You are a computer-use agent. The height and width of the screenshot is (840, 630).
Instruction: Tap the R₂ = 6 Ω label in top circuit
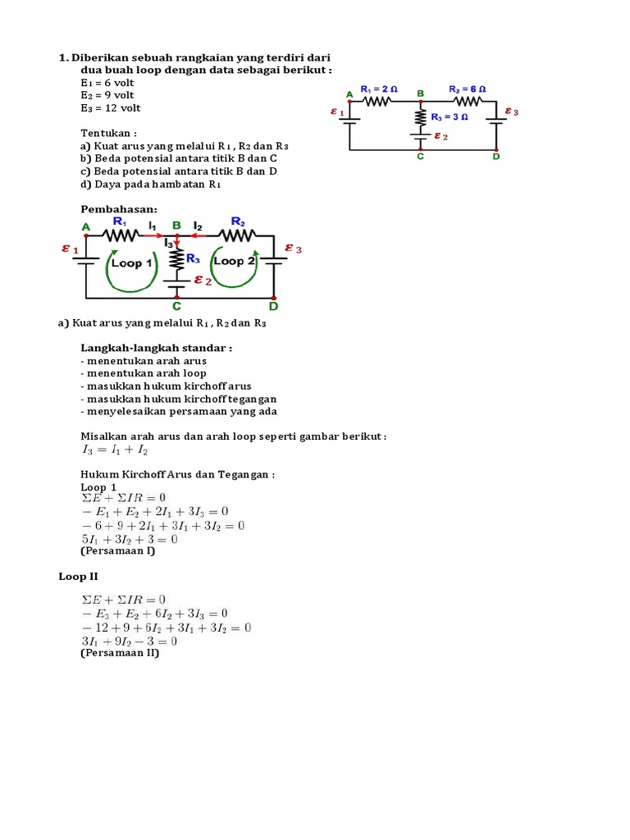467,89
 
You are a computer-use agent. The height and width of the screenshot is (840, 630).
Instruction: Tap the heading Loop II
78,577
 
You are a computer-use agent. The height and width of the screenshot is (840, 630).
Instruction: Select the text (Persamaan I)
118,551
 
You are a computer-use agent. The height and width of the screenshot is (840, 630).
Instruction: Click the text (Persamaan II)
120,654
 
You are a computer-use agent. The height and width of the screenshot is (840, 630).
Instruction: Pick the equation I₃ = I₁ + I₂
114,450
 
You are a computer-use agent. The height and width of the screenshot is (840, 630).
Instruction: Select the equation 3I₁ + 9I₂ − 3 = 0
130,641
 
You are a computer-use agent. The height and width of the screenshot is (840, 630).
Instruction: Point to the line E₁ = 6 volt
107,83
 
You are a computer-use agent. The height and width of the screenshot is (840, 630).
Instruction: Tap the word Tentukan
108,132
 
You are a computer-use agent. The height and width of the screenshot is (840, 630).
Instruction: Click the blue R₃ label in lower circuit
193,258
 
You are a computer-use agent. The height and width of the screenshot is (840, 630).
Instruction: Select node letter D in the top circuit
495,156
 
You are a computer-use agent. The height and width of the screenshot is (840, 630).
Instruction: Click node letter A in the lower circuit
86,226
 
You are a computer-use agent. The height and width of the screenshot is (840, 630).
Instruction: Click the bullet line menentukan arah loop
144,373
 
